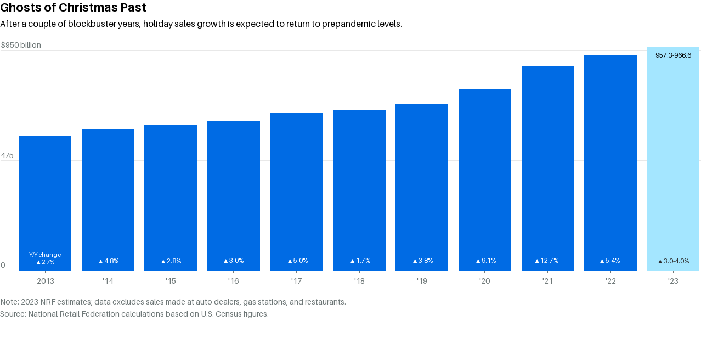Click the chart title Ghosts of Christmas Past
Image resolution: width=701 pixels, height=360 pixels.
73,8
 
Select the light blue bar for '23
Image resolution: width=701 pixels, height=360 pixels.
673,159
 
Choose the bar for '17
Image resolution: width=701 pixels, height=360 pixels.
297,192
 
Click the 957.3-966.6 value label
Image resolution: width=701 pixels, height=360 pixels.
673,55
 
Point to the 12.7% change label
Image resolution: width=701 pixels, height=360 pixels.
547,261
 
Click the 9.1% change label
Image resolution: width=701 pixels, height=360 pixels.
485,261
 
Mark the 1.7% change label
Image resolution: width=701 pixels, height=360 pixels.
360,261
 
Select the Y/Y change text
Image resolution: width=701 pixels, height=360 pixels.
45,255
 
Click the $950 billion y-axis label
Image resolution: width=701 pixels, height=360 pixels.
21,45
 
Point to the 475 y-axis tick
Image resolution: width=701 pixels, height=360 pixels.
7,156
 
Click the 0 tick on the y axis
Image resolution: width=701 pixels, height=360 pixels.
3,266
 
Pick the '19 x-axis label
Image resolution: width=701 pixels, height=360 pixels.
422,281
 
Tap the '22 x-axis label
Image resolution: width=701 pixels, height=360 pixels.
610,281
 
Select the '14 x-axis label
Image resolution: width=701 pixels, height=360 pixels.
108,281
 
